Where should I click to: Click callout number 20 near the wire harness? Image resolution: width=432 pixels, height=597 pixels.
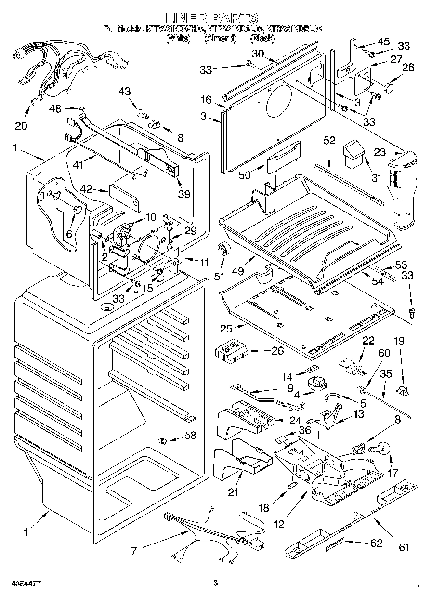click(21, 125)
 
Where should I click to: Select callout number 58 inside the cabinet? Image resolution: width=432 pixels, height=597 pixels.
click(190, 436)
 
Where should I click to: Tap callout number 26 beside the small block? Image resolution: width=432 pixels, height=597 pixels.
click(277, 351)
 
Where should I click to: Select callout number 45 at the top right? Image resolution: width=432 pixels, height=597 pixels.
click(383, 41)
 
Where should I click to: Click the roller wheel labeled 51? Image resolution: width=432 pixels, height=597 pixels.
click(223, 249)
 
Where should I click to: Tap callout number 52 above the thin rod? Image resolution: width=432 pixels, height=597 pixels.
click(329, 141)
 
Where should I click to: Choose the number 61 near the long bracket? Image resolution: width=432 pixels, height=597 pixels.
click(403, 547)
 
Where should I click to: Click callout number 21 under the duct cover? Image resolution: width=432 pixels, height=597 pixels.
click(233, 492)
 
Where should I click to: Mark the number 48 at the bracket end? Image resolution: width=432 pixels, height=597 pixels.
click(55, 109)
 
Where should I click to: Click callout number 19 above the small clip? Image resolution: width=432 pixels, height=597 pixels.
click(398, 341)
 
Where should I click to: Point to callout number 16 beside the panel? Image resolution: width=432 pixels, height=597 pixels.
click(206, 100)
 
